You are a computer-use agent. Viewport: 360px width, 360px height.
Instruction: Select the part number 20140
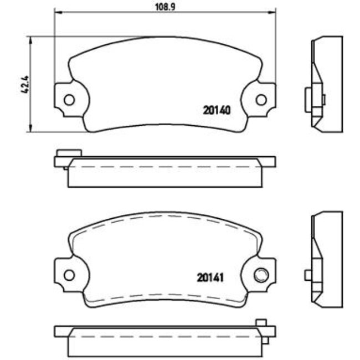pyautogui.click(x=217, y=110)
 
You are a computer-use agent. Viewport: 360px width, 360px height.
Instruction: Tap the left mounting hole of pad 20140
pyautogui.click(x=69, y=100)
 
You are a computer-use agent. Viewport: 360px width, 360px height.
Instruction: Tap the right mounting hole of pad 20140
pyautogui.click(x=261, y=100)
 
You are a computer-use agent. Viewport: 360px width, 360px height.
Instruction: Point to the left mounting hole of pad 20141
pyautogui.click(x=69, y=275)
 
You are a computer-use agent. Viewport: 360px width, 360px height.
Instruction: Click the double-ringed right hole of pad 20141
pyautogui.click(x=261, y=275)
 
